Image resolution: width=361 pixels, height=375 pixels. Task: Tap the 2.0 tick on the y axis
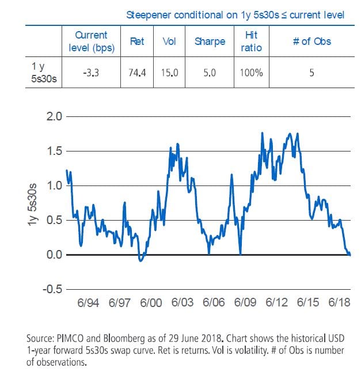click(53, 116)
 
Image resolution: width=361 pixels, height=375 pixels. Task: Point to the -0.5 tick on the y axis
click(51, 289)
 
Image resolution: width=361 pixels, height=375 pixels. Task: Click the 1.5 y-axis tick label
click(53, 151)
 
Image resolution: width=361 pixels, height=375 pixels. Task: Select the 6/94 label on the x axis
click(89, 302)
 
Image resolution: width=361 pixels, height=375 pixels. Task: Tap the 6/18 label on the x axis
click(340, 302)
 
